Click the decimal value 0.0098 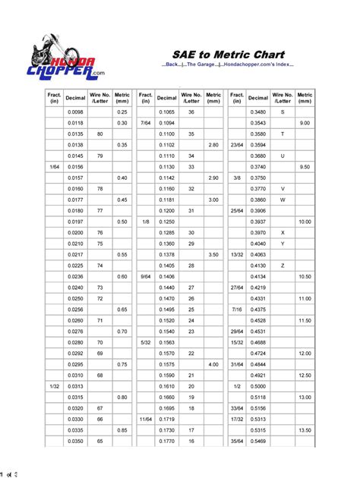click(x=75, y=112)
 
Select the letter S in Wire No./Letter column click(x=283, y=112)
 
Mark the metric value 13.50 click(x=305, y=429)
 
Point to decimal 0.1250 click(x=166, y=221)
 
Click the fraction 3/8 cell click(x=237, y=177)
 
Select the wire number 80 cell click(x=99, y=133)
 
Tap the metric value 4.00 click(x=213, y=363)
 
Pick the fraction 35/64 click(x=237, y=440)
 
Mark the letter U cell click(x=283, y=155)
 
